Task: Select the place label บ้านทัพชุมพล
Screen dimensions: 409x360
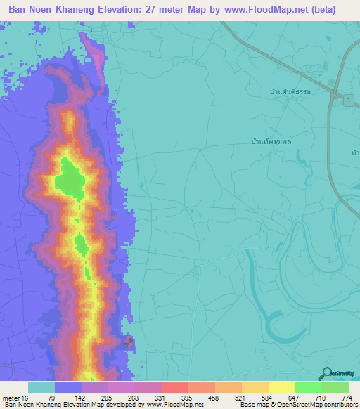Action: click(x=271, y=141)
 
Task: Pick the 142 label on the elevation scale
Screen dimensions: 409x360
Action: click(x=82, y=398)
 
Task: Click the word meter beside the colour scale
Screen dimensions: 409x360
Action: click(x=11, y=398)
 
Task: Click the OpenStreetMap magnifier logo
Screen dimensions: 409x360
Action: click(x=326, y=373)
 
